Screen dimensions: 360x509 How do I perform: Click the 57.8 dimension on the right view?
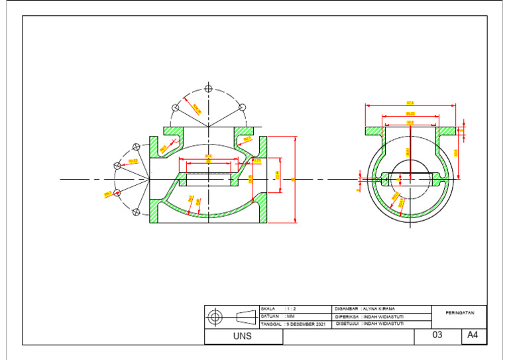pyautogui.click(x=410, y=103)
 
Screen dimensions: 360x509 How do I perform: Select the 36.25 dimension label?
pyautogui.click(x=410, y=113)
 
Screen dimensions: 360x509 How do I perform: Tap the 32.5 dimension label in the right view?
pyautogui.click(x=410, y=122)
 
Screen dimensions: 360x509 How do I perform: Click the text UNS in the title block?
pyautogui.click(x=243, y=337)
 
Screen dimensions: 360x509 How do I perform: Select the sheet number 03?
pyautogui.click(x=437, y=335)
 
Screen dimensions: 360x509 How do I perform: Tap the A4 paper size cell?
pyautogui.click(x=473, y=335)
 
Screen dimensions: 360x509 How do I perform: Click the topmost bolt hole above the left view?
pyautogui.click(x=208, y=88)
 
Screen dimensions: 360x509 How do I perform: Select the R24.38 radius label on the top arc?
pyautogui.click(x=196, y=107)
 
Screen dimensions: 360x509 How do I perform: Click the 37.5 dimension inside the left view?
pyautogui.click(x=208, y=157)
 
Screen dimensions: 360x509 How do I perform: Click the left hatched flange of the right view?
pyautogui.click(x=374, y=131)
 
